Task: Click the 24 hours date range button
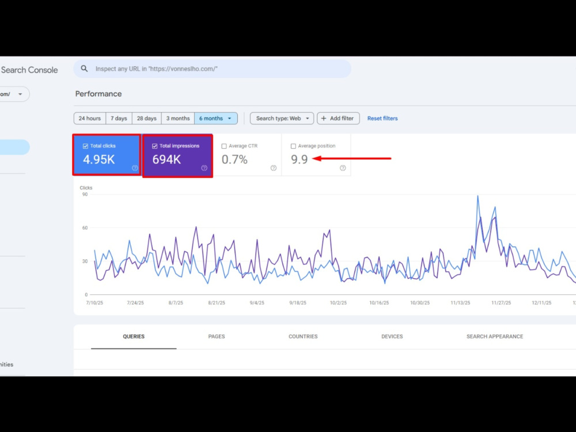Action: [90, 118]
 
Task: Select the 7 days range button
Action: [119, 118]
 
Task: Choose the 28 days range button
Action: [146, 118]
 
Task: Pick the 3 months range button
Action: [178, 118]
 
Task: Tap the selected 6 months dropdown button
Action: [215, 118]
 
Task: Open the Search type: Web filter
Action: [282, 118]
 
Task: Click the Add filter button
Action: [338, 118]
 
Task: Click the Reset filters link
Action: [382, 118]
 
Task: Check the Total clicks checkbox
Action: [86, 146]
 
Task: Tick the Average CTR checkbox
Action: [224, 146]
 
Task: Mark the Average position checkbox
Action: [293, 146]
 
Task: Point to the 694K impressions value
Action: [166, 160]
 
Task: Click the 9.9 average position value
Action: [300, 160]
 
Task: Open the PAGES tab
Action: [217, 336]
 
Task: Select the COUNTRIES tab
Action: [303, 336]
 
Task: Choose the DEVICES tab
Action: [392, 336]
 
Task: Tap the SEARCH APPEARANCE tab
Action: [495, 336]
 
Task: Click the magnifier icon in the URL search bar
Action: [85, 69]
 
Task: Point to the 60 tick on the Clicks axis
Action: [85, 228]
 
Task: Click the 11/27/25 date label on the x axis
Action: [501, 303]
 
